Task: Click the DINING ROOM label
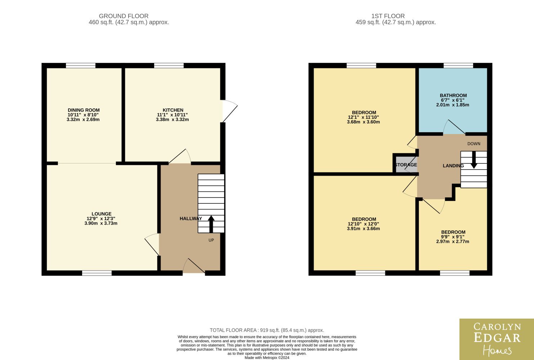84,110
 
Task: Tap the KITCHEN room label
173,110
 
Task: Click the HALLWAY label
191,219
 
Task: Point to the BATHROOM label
453,95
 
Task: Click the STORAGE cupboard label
406,165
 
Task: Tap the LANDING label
453,166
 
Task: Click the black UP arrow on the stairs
211,224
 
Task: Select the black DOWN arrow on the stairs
474,160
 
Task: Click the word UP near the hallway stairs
211,240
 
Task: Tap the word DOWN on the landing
474,144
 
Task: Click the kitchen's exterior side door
230,111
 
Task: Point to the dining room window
81,66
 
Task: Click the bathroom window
458,66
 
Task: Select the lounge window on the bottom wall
97,273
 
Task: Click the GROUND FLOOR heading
124,16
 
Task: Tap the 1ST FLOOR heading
388,16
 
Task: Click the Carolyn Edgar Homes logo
497,339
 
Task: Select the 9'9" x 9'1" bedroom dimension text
453,237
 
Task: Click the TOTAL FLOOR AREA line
267,330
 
